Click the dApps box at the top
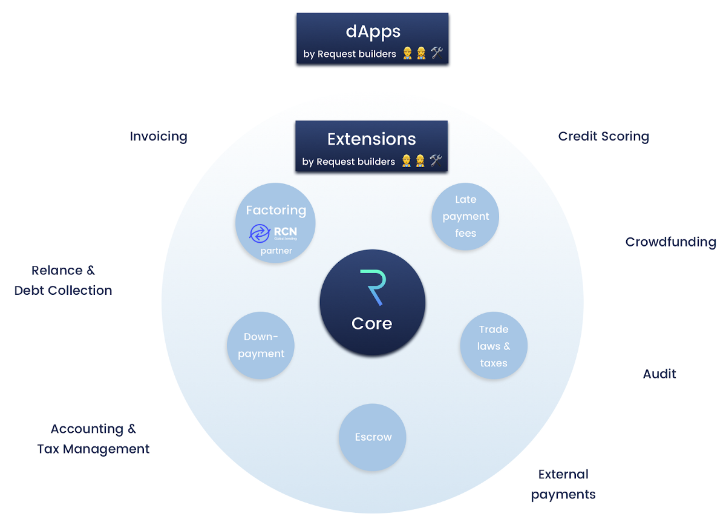tap(372, 38)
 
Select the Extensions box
tap(371, 146)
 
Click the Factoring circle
tap(275, 223)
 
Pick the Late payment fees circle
tap(465, 216)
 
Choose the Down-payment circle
tap(260, 345)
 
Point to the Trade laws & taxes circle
tap(494, 346)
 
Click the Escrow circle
tap(373, 437)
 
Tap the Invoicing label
tap(159, 137)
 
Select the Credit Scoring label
tap(603, 137)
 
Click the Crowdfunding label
tap(670, 242)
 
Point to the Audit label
tap(659, 374)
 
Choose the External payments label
tap(563, 484)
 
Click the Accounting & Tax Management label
tap(93, 439)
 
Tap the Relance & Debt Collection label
tap(64, 280)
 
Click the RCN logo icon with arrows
tap(260, 233)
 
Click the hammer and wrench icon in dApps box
tap(437, 53)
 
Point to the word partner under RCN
tap(276, 251)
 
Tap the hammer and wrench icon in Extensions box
tap(436, 161)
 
